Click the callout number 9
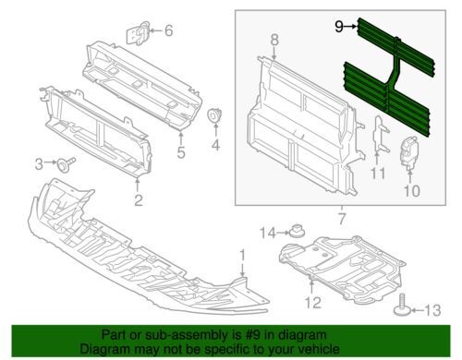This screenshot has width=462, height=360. click(339, 27)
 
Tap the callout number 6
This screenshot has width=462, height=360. click(168, 30)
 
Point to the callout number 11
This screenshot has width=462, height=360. click(378, 174)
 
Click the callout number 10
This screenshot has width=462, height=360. click(412, 191)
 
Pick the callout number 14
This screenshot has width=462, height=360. click(268, 233)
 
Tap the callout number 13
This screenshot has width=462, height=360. click(432, 310)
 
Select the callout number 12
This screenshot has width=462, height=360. click(313, 303)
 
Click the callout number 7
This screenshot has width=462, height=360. click(342, 219)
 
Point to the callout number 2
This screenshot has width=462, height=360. click(139, 200)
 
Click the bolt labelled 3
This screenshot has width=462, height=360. click(66, 164)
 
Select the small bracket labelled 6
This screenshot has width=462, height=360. click(139, 32)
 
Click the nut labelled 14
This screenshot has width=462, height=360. click(297, 231)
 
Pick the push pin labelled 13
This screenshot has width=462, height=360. click(403, 306)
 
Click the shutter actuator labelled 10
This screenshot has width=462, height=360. click(409, 153)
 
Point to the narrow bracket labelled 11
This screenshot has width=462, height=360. click(380, 134)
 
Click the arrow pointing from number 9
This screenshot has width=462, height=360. click(350, 27)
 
